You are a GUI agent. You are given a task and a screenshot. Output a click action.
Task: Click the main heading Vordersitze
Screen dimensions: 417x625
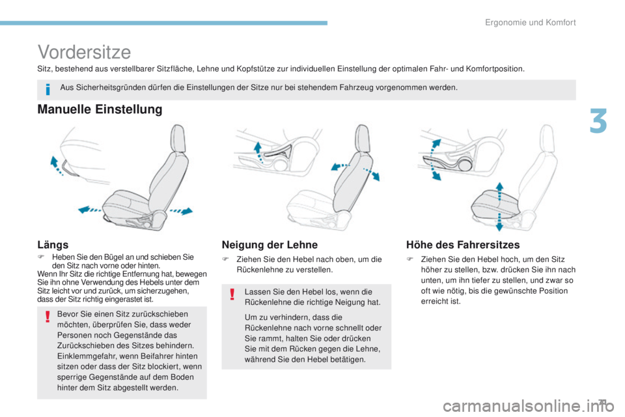(85, 51)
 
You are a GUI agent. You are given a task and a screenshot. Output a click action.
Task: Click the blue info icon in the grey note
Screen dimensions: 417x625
(48, 88)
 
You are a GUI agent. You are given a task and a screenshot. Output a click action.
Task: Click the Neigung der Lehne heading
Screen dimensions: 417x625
(270, 244)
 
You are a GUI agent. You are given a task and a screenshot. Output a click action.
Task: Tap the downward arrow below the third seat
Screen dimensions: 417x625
(499, 222)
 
